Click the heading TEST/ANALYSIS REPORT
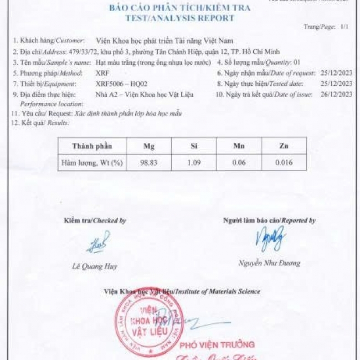click(179, 18)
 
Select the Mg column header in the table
click(148, 146)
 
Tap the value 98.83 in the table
click(148, 163)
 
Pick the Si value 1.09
click(193, 163)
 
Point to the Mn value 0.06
click(239, 163)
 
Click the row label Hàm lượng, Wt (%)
click(92, 163)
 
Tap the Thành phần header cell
click(92, 146)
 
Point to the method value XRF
click(102, 73)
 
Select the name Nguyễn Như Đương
click(269, 263)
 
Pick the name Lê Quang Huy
click(95, 266)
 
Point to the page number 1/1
click(344, 27)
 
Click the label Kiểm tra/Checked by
click(95, 220)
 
